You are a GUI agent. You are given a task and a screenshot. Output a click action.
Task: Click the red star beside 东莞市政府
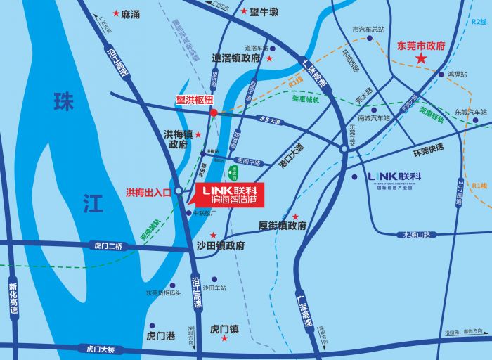pos(420,59)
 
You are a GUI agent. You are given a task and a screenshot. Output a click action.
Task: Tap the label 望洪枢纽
pos(194,100)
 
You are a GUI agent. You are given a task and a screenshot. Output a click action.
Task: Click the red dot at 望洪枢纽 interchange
pos(213,112)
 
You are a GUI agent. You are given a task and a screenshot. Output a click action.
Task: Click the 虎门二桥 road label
pos(108,245)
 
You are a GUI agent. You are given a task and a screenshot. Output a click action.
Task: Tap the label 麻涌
pos(130,13)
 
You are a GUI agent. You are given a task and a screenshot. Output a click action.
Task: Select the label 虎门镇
pos(225,328)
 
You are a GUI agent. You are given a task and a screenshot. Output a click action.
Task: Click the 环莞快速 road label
pos(428,149)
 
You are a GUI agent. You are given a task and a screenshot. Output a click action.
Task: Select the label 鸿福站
pos(458,74)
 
